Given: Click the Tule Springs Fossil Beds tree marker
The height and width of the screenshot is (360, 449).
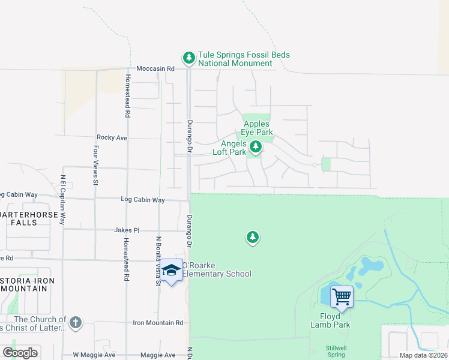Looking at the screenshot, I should [x=189, y=58].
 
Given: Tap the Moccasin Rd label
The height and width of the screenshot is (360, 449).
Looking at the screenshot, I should [x=155, y=69].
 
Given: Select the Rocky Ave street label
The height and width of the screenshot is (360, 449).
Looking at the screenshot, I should [x=112, y=137].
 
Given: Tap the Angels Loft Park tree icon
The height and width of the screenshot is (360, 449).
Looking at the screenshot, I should [x=256, y=146].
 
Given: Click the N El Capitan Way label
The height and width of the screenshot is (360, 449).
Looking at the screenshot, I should [x=62, y=200].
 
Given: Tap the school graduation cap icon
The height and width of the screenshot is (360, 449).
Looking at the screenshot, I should [x=171, y=271].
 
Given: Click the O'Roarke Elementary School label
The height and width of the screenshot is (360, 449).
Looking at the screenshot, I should [x=216, y=270].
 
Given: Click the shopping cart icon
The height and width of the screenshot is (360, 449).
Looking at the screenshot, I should [x=342, y=296].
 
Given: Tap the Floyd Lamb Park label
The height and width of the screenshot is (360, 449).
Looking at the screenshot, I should [x=330, y=320].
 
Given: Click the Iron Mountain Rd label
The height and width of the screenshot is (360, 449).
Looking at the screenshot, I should [x=158, y=323].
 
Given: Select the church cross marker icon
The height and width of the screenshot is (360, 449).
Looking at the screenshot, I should [x=75, y=323].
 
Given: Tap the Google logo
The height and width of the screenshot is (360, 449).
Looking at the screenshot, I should [x=20, y=352].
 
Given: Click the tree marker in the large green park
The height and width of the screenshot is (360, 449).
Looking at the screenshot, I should [x=253, y=238].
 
